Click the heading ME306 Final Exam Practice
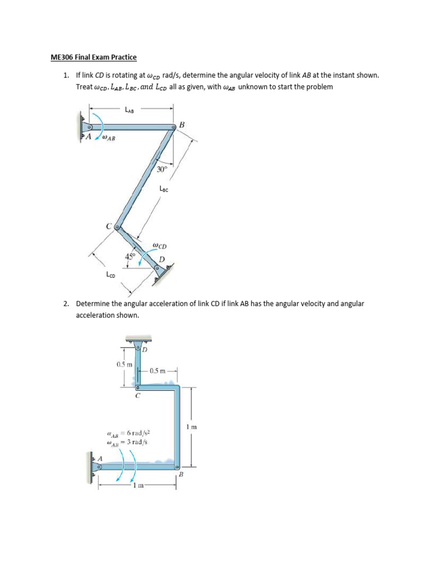(x=91, y=58)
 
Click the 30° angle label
(x=162, y=169)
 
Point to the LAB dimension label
(x=130, y=110)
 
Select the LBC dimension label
(x=164, y=189)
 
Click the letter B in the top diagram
(x=182, y=126)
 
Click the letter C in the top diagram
(x=109, y=226)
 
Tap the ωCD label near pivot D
(x=159, y=246)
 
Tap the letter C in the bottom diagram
(x=138, y=395)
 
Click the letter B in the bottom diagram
(x=181, y=475)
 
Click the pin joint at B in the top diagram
(x=173, y=129)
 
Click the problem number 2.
(x=66, y=304)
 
